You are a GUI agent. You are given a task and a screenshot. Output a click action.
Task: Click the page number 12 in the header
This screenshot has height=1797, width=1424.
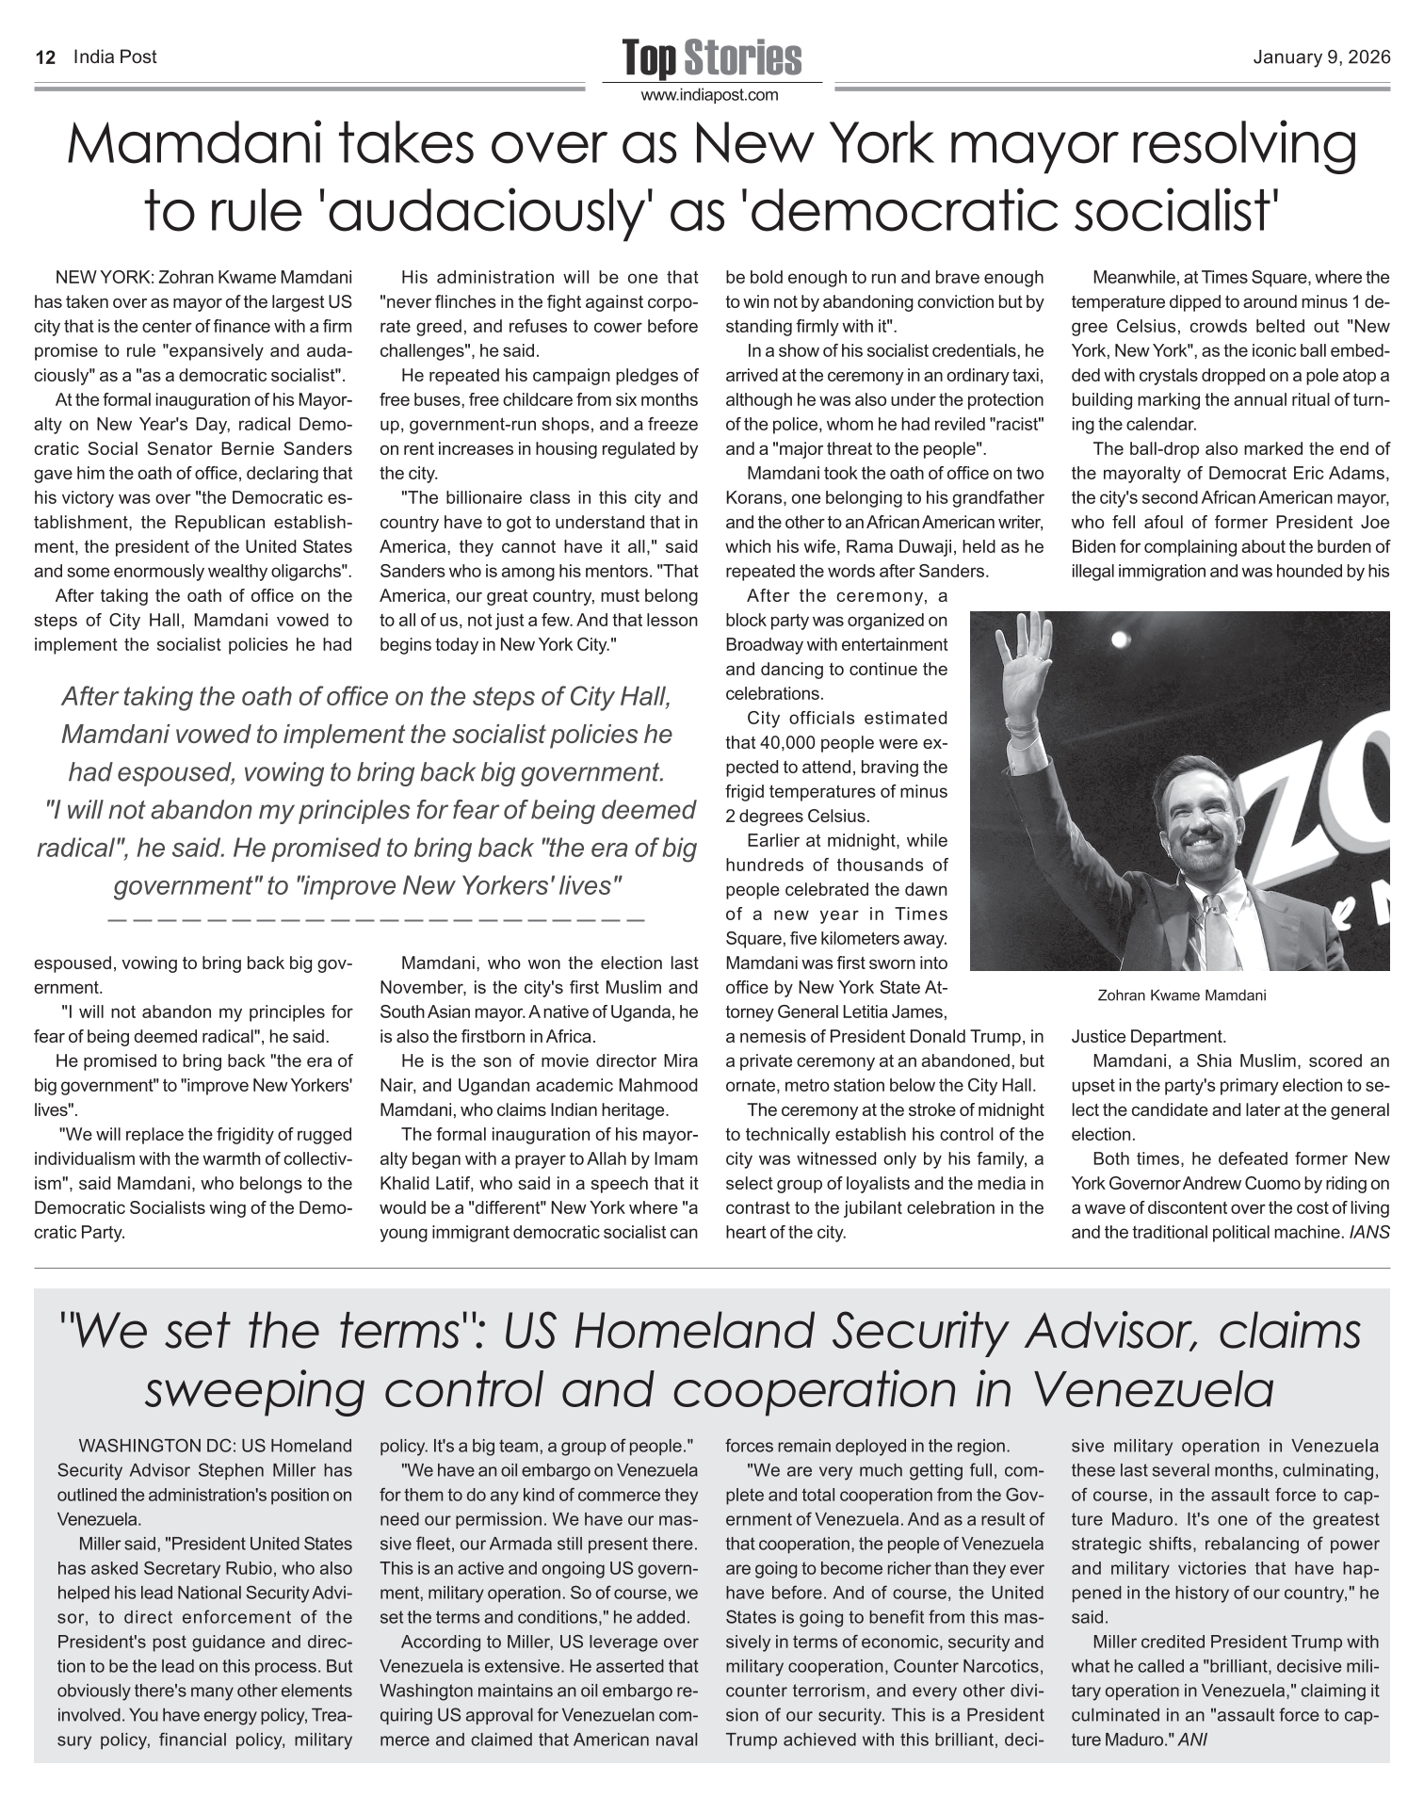click(44, 57)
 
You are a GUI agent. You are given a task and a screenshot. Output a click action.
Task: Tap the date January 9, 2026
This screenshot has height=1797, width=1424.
click(1321, 57)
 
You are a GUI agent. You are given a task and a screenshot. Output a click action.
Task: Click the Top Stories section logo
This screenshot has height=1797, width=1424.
click(711, 58)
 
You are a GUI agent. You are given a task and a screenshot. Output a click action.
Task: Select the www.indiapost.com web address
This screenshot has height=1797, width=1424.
click(711, 95)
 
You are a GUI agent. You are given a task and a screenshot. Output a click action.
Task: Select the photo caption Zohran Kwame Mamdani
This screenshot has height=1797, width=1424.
click(1182, 995)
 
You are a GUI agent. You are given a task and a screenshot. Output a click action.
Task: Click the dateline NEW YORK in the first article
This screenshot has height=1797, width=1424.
click(105, 278)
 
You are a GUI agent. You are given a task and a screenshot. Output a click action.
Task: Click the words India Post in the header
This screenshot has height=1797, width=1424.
click(115, 57)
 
